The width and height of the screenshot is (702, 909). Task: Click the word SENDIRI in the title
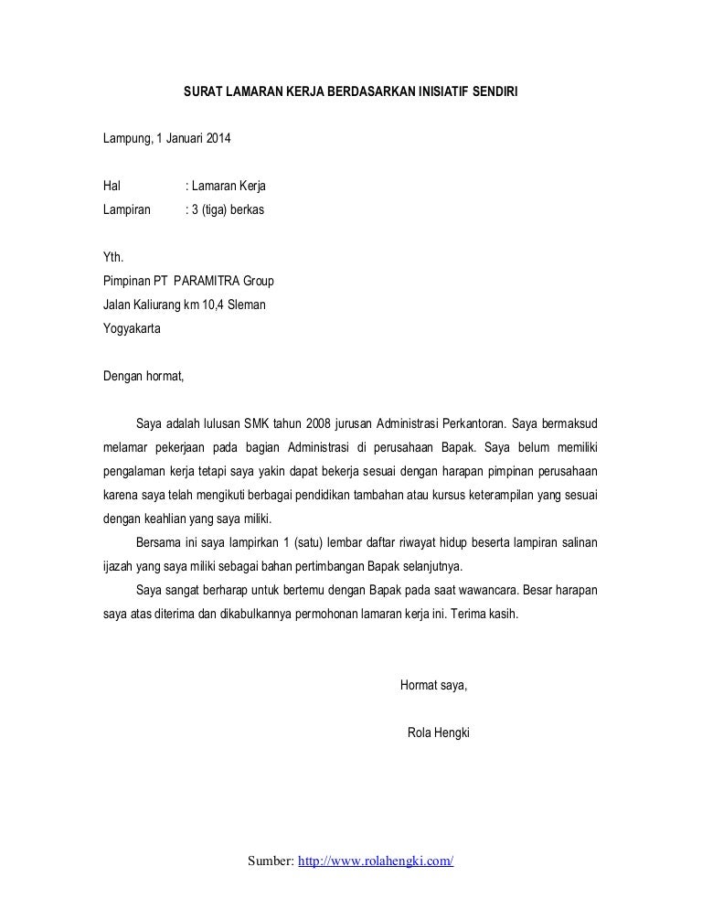coord(494,93)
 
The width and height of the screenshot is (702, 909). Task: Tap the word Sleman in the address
coord(246,305)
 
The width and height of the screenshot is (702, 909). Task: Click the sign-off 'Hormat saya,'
coord(434,685)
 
